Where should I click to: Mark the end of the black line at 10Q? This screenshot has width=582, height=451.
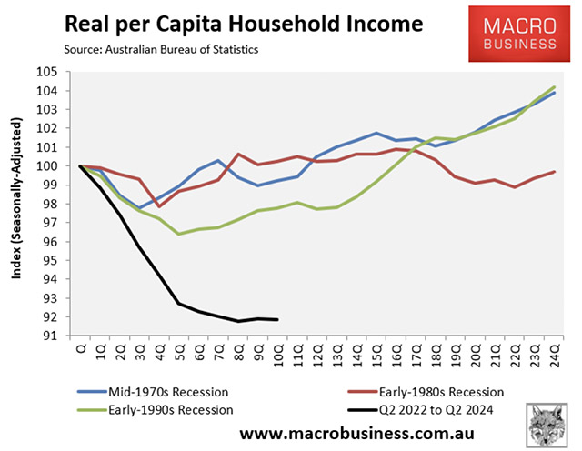pyautogui.click(x=277, y=319)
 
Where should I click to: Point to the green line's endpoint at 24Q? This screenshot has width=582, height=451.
pyautogui.click(x=554, y=87)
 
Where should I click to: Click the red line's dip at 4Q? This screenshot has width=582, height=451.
pyautogui.click(x=160, y=206)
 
